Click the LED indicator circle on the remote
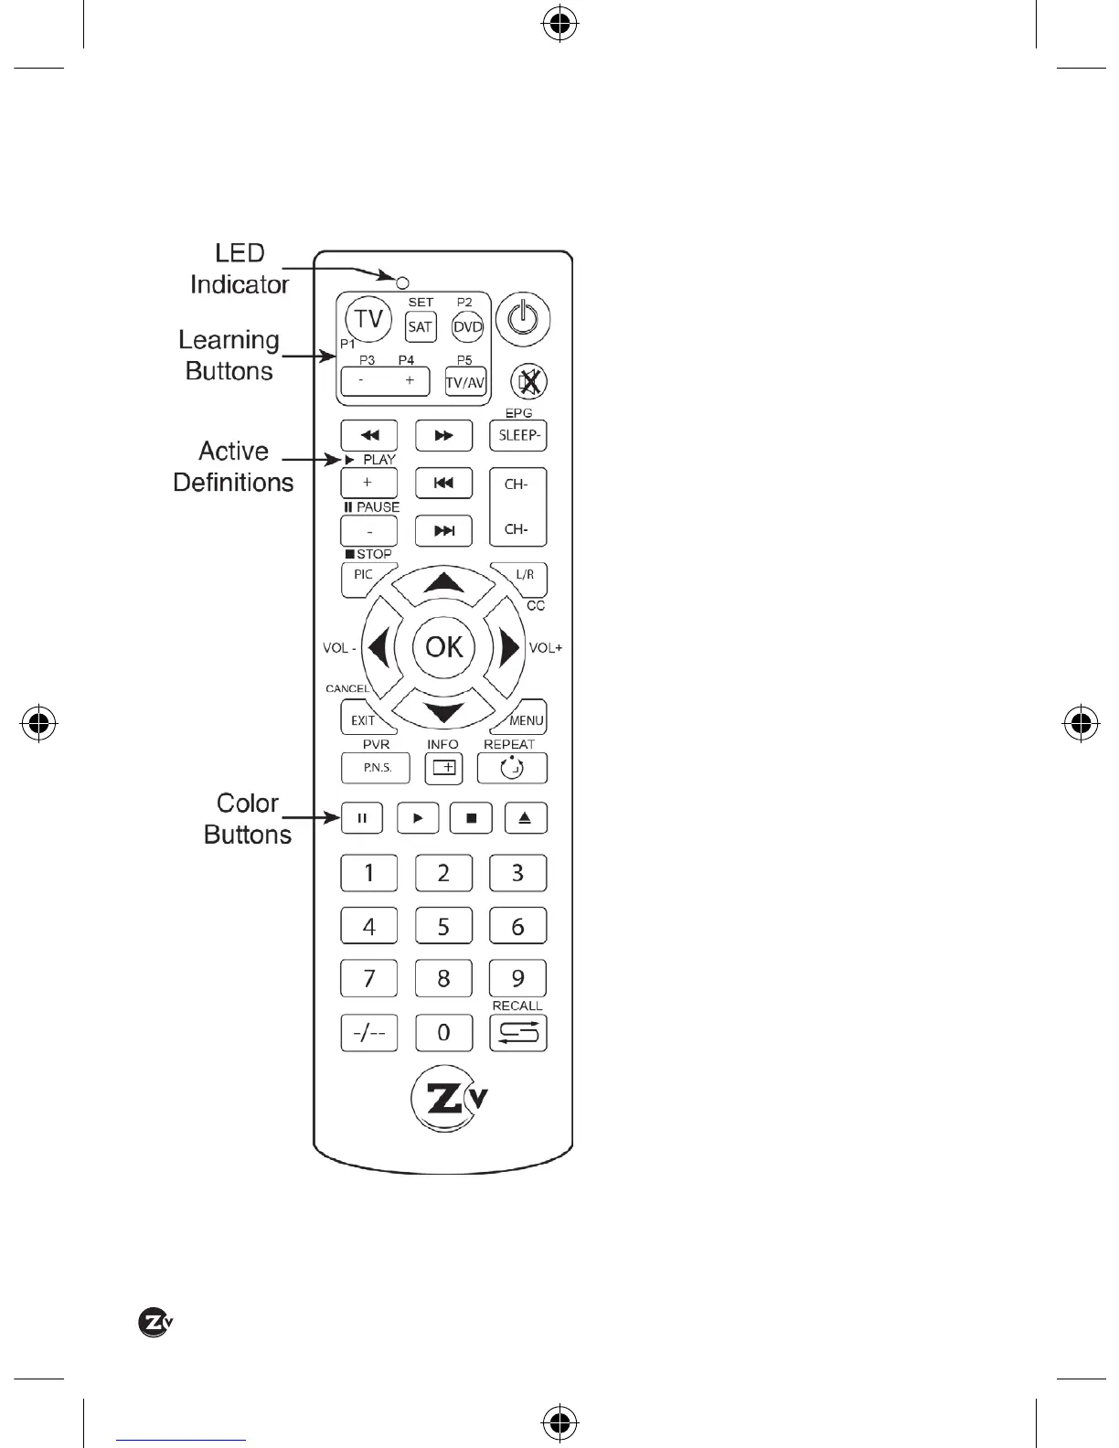click(402, 282)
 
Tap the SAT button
click(421, 326)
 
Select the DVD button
click(468, 326)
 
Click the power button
click(523, 320)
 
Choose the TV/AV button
click(465, 381)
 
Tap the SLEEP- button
click(518, 435)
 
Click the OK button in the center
click(444, 647)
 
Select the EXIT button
click(363, 719)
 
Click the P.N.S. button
click(376, 768)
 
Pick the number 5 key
click(443, 926)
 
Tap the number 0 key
click(443, 1032)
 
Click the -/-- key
click(369, 1032)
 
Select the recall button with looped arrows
click(518, 1032)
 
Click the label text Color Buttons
click(248, 818)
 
